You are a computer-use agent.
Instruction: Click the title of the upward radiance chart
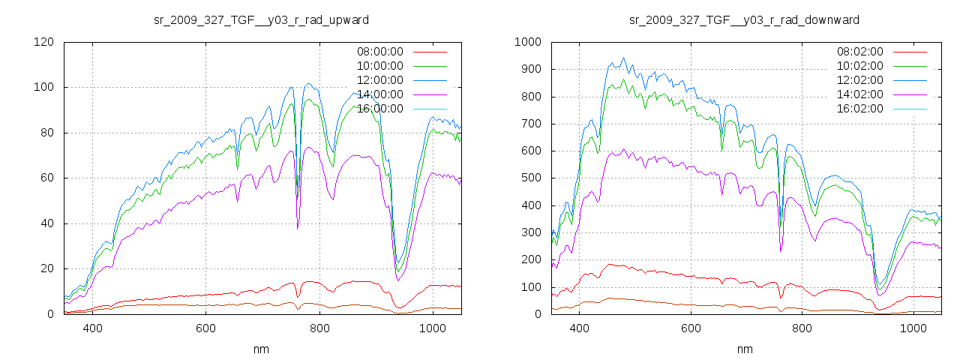(x=261, y=19)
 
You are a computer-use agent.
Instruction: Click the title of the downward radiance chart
(x=744, y=19)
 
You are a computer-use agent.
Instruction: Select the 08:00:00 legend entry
(x=379, y=52)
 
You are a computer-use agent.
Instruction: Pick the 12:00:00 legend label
(x=379, y=80)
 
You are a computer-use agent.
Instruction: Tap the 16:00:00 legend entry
(x=379, y=109)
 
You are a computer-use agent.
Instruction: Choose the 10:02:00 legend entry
(x=859, y=66)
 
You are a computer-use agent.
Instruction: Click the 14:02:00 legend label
(x=859, y=94)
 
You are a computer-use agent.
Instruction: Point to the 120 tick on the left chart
(x=43, y=42)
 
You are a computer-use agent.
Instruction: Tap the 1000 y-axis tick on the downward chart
(x=528, y=42)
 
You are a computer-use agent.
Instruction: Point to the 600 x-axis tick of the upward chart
(x=206, y=328)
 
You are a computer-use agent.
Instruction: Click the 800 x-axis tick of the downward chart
(x=802, y=328)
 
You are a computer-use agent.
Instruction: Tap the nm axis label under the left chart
(x=261, y=349)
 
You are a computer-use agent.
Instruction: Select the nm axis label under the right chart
(x=744, y=349)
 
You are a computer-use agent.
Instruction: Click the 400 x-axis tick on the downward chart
(x=579, y=328)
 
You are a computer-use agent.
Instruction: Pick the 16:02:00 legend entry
(x=859, y=109)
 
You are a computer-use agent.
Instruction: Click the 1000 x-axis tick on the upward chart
(x=433, y=328)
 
